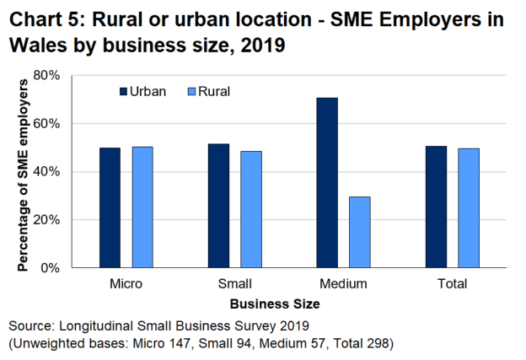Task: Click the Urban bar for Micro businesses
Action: tap(110, 207)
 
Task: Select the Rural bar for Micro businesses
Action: tap(142, 207)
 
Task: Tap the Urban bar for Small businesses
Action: tap(218, 206)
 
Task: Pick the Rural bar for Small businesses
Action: tap(251, 209)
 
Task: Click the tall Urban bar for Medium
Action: tap(327, 182)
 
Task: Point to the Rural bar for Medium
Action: tap(360, 232)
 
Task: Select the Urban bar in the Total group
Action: tap(436, 207)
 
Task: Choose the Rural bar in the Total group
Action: tap(469, 207)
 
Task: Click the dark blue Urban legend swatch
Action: tap(123, 91)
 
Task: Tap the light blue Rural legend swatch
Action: tap(191, 91)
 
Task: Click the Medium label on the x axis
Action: tap(344, 283)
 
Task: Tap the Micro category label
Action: tap(126, 283)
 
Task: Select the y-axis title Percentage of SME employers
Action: tap(23, 171)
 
